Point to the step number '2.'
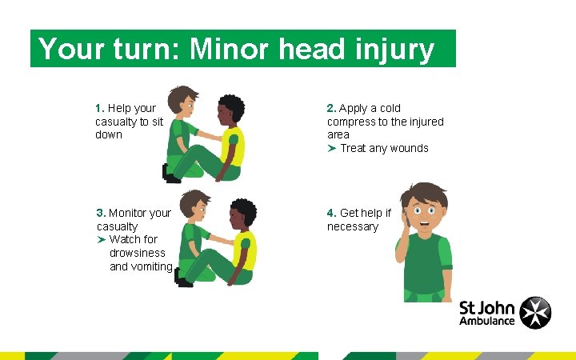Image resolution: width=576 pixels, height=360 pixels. tap(332, 108)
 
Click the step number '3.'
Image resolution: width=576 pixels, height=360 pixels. tap(101, 213)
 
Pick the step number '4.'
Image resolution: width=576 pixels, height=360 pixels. tap(332, 213)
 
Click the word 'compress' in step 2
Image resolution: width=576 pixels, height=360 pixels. tap(353, 122)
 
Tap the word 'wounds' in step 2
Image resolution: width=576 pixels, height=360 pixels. tap(409, 148)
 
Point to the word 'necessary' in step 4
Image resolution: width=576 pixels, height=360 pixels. tap(353, 226)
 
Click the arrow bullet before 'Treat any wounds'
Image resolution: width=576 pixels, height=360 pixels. tap(331, 148)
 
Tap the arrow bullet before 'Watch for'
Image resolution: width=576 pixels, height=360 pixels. tap(101, 239)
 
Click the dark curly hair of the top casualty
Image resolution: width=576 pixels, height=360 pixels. tap(232, 107)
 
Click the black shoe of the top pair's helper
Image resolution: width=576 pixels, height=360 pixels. tap(170, 174)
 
